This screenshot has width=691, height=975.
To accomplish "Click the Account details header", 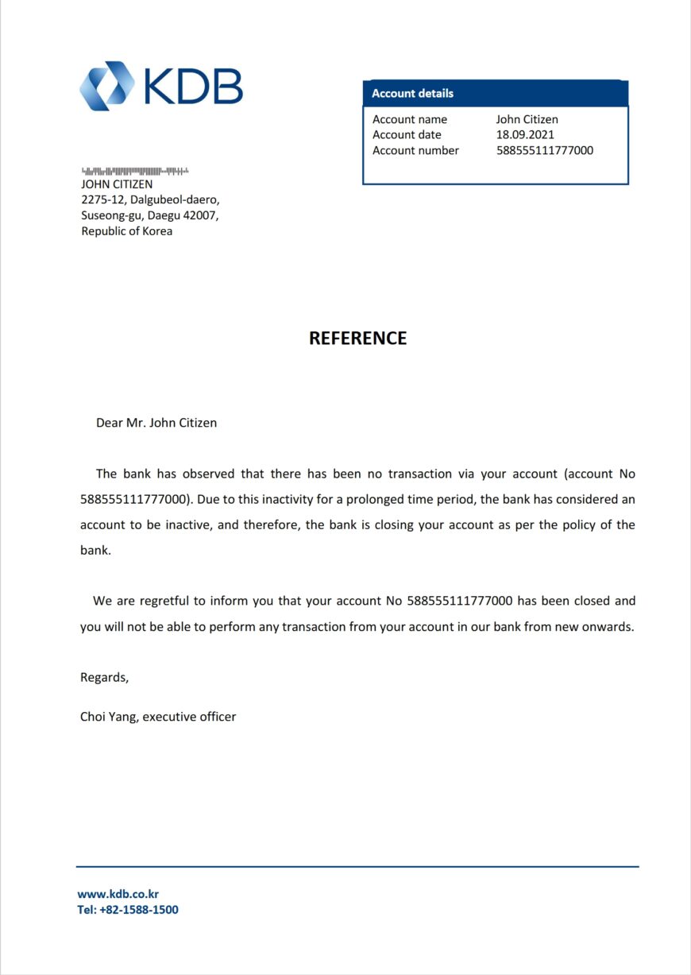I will point(413,93).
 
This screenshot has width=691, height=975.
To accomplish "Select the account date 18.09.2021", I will point(525,135).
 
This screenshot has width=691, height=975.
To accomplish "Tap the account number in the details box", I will point(544,150).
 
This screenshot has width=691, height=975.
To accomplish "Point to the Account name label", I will point(410,120).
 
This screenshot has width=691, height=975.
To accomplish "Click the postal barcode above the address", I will point(135,171).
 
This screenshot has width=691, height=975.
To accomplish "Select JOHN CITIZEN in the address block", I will point(117,184).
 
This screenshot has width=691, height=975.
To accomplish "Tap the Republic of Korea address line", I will point(127,231).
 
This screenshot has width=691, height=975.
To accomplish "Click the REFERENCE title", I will point(357,338).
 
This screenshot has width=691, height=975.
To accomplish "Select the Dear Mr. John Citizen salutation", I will point(156,423).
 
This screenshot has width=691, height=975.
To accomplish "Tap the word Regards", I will point(104,678).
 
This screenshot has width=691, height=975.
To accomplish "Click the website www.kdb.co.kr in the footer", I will point(118,894).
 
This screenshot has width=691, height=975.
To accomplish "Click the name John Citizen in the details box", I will point(527,120).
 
